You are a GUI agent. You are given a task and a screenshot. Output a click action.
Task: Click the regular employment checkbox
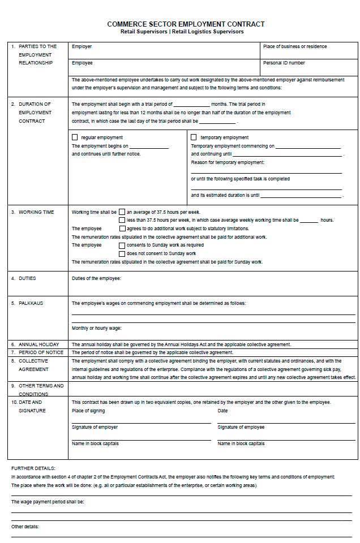click(75, 137)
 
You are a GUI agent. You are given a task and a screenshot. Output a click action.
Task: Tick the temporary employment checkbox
click(194, 137)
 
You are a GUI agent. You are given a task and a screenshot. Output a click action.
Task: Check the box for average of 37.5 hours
click(122, 212)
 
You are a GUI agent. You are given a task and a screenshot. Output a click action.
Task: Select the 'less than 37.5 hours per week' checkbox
click(122, 220)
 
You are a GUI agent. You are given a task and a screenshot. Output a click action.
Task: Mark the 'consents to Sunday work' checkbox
click(122, 245)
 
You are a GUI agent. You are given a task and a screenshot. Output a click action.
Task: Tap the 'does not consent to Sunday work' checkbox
click(122, 253)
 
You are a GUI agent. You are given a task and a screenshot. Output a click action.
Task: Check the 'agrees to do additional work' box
click(122, 229)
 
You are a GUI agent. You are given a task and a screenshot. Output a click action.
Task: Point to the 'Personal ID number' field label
click(284, 63)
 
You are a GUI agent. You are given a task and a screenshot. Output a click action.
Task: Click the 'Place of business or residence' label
click(294, 46)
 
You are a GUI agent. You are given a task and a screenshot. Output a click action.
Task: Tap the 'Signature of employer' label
click(95, 427)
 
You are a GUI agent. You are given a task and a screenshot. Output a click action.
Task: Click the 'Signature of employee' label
click(241, 427)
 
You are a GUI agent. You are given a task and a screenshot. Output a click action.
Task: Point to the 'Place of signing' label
click(88, 411)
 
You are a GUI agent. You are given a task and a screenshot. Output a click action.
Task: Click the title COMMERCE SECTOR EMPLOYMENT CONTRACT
click(186, 24)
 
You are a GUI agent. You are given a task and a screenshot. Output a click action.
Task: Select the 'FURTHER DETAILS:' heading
click(33, 468)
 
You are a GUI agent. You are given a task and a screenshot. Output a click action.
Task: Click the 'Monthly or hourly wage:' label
click(96, 328)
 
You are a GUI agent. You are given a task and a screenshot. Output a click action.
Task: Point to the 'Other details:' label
click(25, 527)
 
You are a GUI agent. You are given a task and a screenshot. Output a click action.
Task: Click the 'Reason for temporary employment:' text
click(228, 162)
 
